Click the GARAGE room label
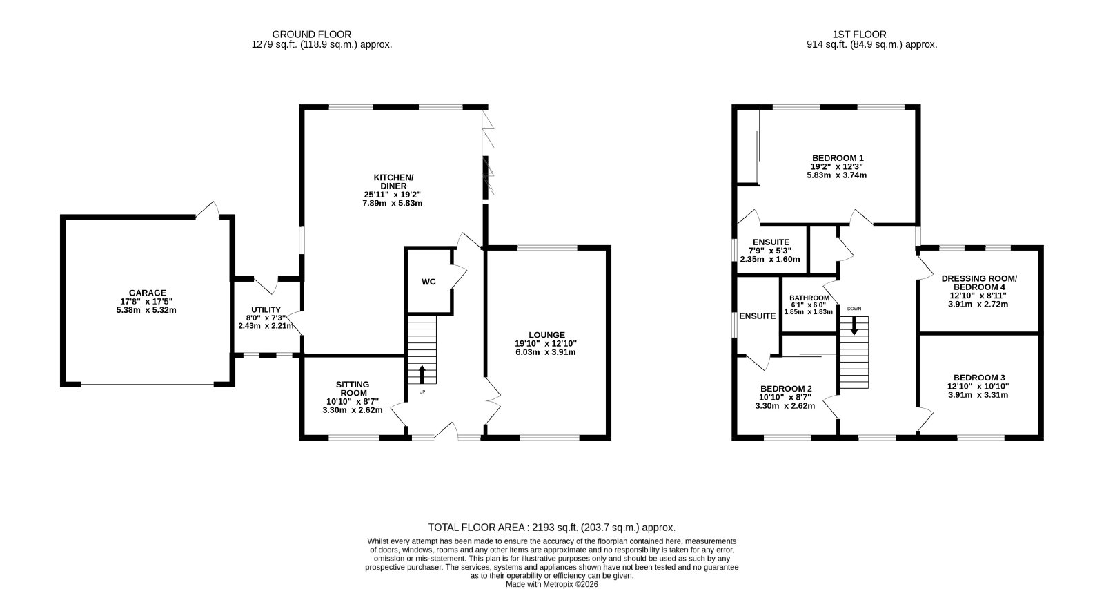click(148, 293)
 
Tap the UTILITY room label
click(266, 310)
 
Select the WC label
click(428, 282)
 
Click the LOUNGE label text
click(546, 335)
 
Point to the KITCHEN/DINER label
click(393, 182)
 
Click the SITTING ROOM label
click(353, 389)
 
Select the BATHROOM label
click(809, 298)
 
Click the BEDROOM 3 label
click(978, 378)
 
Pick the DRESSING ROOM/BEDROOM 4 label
click(979, 282)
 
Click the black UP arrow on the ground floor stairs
click(422, 374)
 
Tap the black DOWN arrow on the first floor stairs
click(854, 326)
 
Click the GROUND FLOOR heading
click(311, 35)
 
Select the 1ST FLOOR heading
click(860, 35)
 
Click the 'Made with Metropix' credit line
click(551, 585)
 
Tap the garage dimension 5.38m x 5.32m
click(146, 310)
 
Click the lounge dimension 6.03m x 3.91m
click(546, 352)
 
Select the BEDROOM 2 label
click(786, 389)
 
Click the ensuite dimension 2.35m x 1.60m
click(770, 260)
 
